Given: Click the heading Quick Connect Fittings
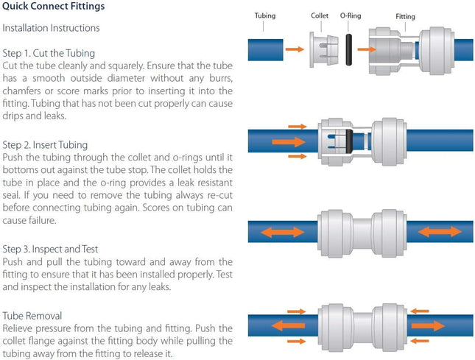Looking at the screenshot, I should pos(53,7).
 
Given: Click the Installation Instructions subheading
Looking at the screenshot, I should pos(52,28).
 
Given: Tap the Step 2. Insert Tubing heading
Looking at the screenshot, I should pos(45,145).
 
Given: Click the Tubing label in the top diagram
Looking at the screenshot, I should pos(264,15).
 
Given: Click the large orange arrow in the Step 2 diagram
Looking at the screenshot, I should pos(287,140).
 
